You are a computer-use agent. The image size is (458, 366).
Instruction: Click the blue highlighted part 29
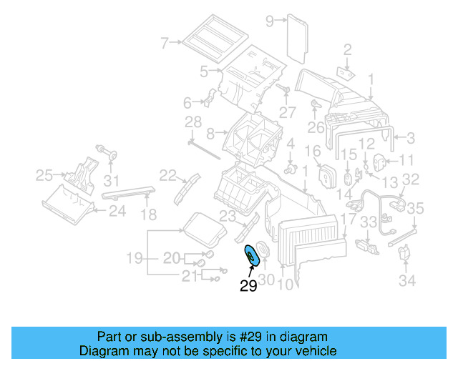pos(252,254)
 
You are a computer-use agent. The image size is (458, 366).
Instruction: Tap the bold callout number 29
pos(248,287)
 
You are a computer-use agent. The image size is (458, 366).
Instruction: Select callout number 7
pos(164,44)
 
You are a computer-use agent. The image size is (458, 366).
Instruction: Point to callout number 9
pos(270,21)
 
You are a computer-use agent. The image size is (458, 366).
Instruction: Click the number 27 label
pos(287,112)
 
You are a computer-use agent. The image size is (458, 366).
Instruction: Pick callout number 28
pos(193,123)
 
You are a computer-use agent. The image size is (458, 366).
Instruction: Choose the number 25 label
pos(44,175)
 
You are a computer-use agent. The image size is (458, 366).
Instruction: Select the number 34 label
pos(406,281)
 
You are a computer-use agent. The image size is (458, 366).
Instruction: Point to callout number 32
pos(410,179)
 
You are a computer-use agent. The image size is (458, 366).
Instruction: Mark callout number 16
pos(313,152)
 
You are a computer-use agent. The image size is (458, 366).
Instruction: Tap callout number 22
pos(167,174)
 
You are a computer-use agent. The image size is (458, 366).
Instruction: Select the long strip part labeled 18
pos(129,191)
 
